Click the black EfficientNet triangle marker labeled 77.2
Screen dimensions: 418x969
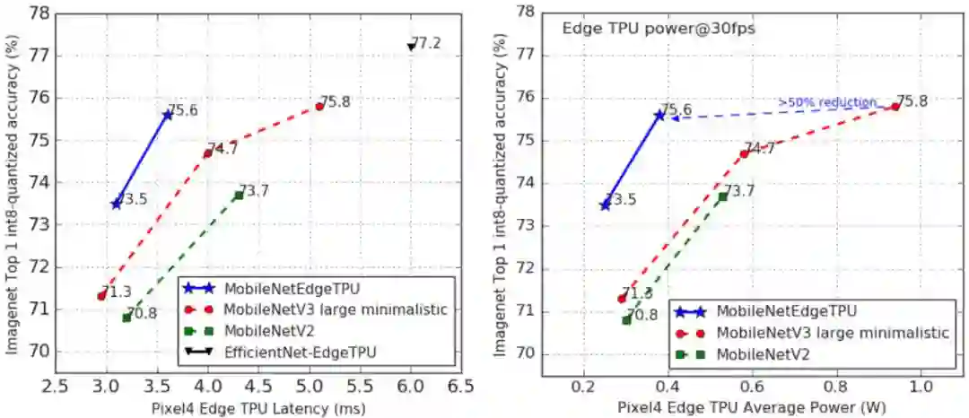point(411,46)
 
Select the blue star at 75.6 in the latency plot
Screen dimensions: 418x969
point(168,114)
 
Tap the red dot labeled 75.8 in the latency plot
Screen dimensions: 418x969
point(319,107)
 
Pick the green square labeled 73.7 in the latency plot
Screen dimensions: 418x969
point(239,196)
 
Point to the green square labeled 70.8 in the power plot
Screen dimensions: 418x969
point(626,320)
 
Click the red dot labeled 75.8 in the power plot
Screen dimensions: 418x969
point(895,107)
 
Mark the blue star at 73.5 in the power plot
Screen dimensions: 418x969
point(605,205)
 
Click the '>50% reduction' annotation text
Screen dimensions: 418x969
point(826,102)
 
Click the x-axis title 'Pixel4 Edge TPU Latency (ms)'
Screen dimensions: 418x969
point(258,408)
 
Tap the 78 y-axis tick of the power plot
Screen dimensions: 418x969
point(527,13)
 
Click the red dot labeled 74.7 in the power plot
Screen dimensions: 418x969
point(744,153)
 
